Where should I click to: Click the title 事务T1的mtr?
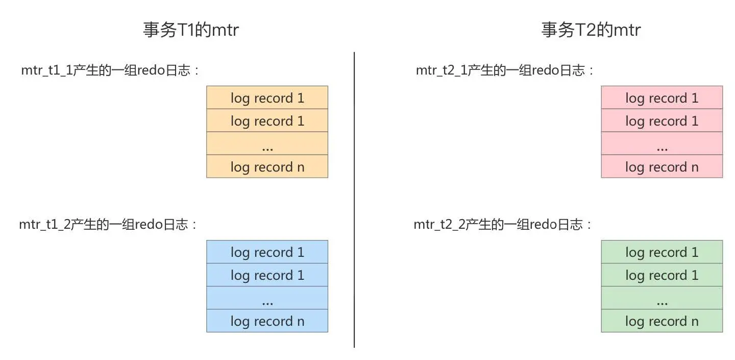click(x=190, y=30)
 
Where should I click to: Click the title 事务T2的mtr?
click(x=591, y=30)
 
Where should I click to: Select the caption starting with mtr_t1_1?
click(x=110, y=70)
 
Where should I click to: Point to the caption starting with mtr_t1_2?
click(x=108, y=225)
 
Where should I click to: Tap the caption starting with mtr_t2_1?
click(x=505, y=70)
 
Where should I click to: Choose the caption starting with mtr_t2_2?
click(x=503, y=225)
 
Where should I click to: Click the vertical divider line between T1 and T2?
click(x=354, y=199)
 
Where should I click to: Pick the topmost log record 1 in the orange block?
click(x=267, y=98)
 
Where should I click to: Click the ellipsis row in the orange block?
click(x=267, y=143)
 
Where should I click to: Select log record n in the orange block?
click(x=267, y=166)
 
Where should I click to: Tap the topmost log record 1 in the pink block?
click(x=661, y=98)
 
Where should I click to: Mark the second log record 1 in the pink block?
click(x=661, y=121)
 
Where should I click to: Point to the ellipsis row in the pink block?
click(x=661, y=143)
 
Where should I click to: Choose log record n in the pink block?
click(x=661, y=166)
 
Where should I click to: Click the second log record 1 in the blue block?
click(x=267, y=275)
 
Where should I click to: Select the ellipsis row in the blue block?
click(x=267, y=298)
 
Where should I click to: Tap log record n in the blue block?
click(x=267, y=321)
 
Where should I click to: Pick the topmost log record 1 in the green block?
click(x=661, y=252)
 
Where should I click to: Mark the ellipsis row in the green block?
click(x=661, y=298)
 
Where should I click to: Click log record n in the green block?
click(x=661, y=321)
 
